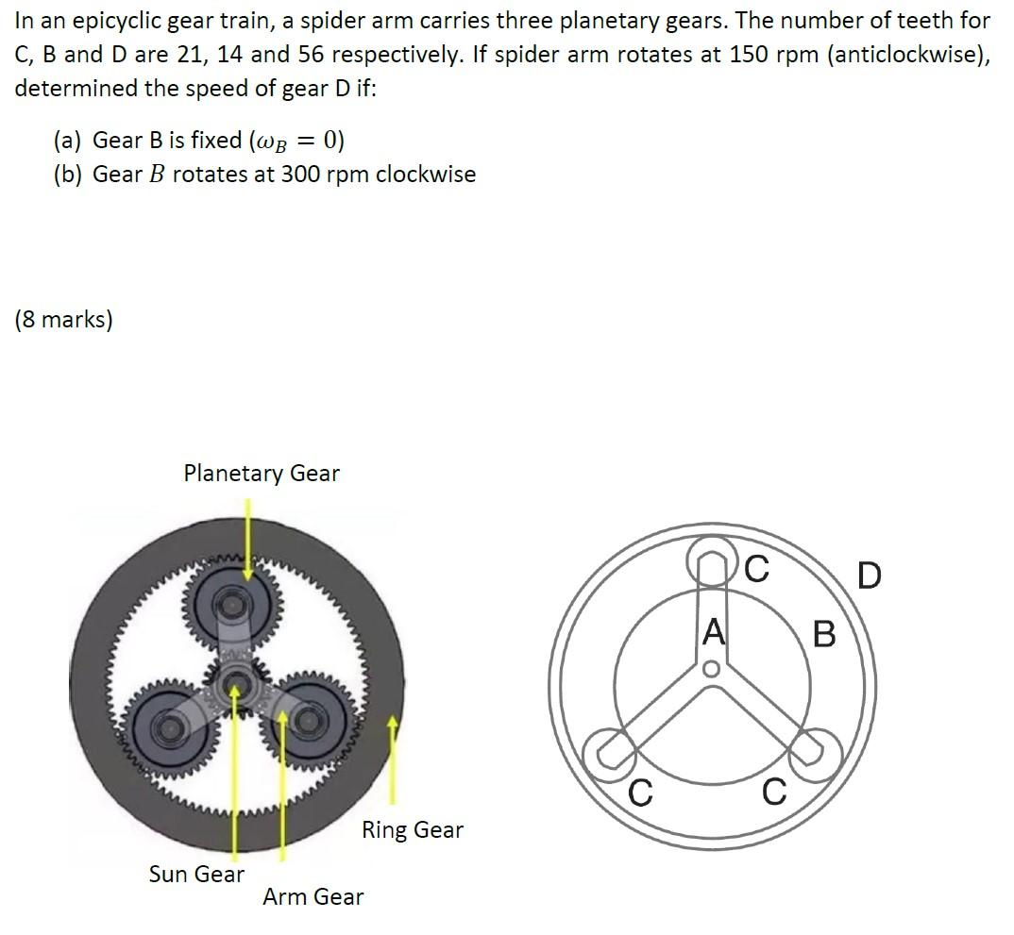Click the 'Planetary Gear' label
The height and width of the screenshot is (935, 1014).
coord(262,474)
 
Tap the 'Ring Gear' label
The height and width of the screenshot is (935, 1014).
coord(413,829)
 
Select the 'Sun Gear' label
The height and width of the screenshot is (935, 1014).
coord(196,874)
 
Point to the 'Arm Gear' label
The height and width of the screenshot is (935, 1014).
coord(313,897)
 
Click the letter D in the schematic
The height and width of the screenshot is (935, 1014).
coord(870,576)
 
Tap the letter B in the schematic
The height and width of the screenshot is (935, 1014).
coord(824,634)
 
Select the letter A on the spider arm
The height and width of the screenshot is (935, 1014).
coord(713,631)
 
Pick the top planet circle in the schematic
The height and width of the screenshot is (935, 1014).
coord(711,538)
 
